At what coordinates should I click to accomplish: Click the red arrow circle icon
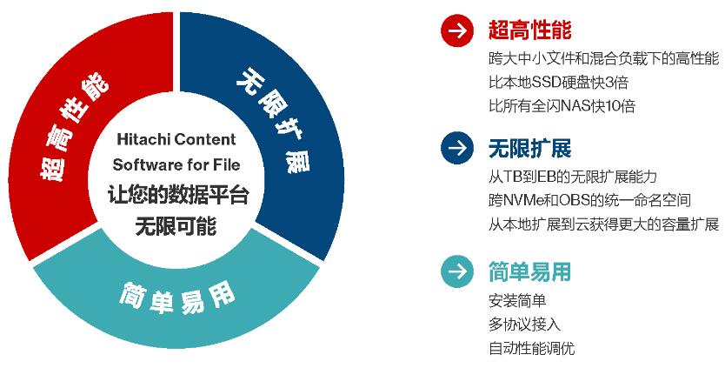pos(457,30)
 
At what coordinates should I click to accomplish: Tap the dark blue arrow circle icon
pos(457,148)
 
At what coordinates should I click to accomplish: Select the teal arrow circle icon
pos(457,271)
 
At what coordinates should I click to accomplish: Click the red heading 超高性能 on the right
pos(530,30)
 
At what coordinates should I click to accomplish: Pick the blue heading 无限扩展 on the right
pos(530,148)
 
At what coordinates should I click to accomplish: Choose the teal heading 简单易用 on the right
pos(530,271)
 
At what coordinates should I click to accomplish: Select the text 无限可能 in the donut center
pos(176,226)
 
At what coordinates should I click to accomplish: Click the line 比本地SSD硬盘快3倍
pos(559,83)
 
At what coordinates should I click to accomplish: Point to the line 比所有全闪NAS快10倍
pos(562,106)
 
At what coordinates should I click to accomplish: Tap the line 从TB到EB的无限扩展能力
pos(573,177)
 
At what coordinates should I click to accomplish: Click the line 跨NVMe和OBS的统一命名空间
pos(590,200)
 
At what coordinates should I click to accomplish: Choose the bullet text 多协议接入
pos(525,324)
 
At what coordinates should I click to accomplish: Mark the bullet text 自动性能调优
pos(532,348)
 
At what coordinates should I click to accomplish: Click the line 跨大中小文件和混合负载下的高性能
pos(604,58)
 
